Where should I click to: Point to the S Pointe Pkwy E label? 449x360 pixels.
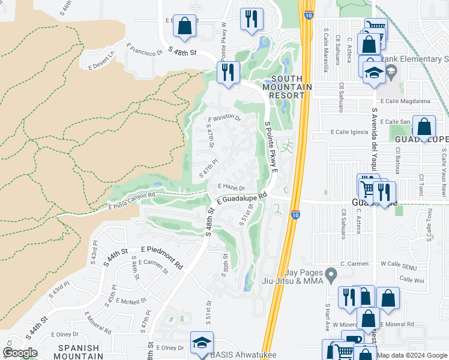coord(271,146)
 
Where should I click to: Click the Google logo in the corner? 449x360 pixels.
coord(20,353)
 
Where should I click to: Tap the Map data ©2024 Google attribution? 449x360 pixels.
coord(412,355)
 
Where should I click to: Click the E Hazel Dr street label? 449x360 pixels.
coord(232,187)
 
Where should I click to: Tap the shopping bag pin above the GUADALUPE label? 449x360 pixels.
coord(424,127)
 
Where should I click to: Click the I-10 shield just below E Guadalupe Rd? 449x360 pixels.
coord(295,214)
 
